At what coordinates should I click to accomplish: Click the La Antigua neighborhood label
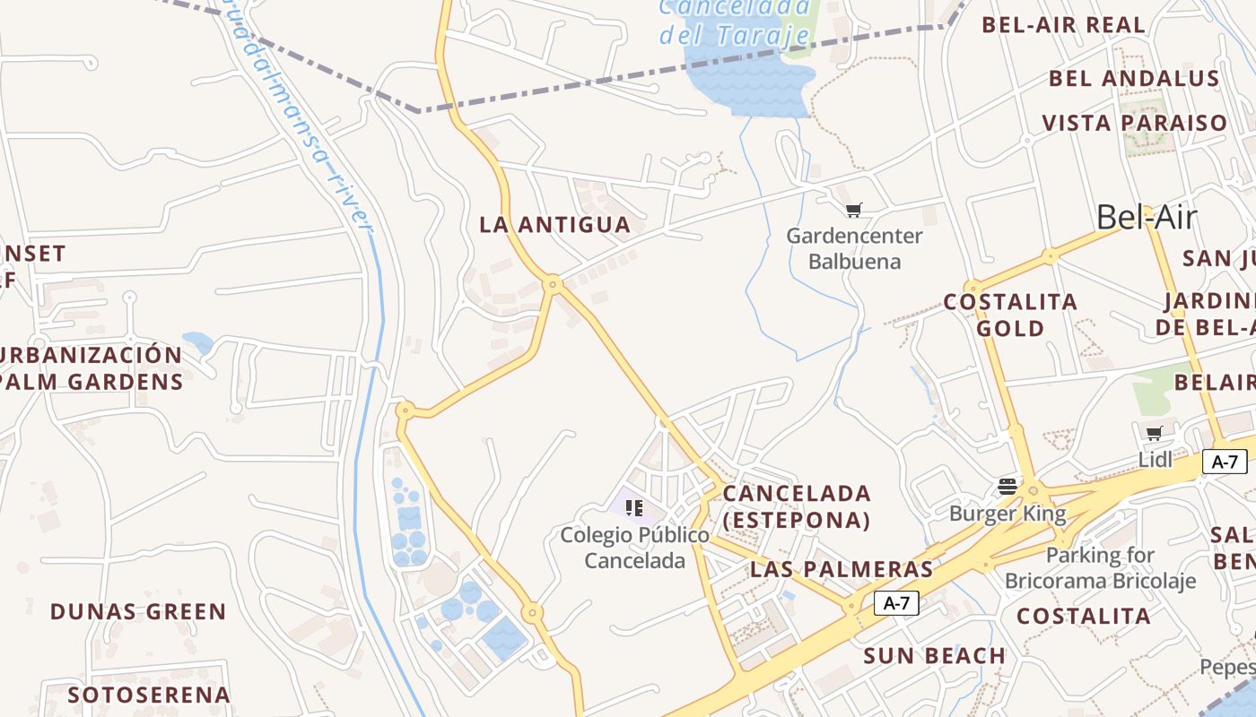click(x=554, y=225)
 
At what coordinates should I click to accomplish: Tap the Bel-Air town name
click(x=1147, y=217)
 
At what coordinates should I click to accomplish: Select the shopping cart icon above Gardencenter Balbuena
click(x=853, y=210)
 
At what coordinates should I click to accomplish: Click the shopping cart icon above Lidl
click(x=1154, y=434)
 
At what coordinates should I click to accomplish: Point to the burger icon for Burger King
click(x=1007, y=487)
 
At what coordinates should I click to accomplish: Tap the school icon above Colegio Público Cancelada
click(x=634, y=508)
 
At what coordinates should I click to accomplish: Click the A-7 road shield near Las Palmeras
click(x=896, y=603)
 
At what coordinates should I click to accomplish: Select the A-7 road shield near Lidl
click(x=1225, y=462)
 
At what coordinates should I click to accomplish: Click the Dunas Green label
click(x=138, y=612)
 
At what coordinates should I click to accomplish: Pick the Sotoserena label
click(x=149, y=695)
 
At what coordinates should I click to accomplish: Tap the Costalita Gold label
click(x=1010, y=315)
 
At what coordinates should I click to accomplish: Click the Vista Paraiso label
click(x=1134, y=123)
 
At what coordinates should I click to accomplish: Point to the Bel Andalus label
click(x=1134, y=79)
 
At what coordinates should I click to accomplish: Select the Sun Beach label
click(x=934, y=656)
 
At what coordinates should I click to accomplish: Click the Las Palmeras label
click(x=842, y=569)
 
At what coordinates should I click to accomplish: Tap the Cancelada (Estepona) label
click(x=797, y=506)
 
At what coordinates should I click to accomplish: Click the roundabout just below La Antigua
click(x=554, y=284)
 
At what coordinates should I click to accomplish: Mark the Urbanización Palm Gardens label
click(x=92, y=367)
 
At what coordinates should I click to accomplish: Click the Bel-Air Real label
click(x=1063, y=25)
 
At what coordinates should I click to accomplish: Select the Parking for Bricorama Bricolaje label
click(x=1100, y=567)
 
